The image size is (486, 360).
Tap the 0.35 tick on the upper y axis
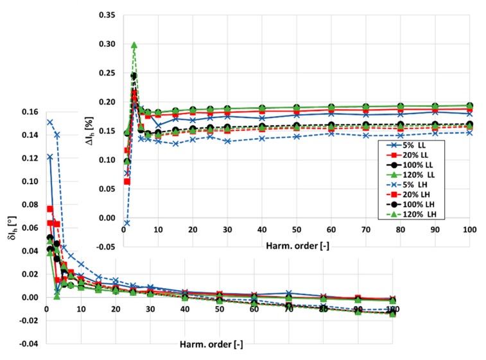point(106,14)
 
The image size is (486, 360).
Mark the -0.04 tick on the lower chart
point(28,344)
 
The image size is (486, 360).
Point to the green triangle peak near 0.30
point(134,46)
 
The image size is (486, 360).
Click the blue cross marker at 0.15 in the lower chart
point(49,122)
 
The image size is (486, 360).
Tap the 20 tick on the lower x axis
point(116,309)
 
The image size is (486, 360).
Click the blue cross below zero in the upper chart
point(127,223)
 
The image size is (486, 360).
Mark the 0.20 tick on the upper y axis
point(106,101)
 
